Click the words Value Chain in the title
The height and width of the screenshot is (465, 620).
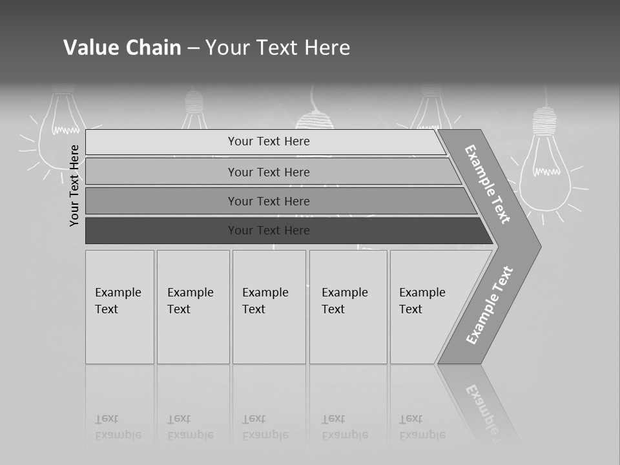tap(122, 48)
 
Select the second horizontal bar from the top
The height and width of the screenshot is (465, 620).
tap(269, 172)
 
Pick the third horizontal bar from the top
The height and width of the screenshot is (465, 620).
tap(269, 201)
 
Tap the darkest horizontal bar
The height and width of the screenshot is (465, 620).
tap(269, 231)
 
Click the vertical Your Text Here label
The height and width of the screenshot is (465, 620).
tap(74, 185)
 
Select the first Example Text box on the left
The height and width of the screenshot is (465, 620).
tap(119, 306)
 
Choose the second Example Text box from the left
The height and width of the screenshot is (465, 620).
tap(192, 306)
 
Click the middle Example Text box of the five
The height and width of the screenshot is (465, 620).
tap(268, 306)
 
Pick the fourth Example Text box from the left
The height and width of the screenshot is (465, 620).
tap(347, 306)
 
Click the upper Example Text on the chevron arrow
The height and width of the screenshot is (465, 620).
tap(488, 184)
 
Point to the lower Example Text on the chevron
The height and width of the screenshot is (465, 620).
tap(490, 305)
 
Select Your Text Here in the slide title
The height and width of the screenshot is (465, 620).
tap(278, 48)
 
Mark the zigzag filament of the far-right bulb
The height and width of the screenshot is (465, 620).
tap(546, 171)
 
